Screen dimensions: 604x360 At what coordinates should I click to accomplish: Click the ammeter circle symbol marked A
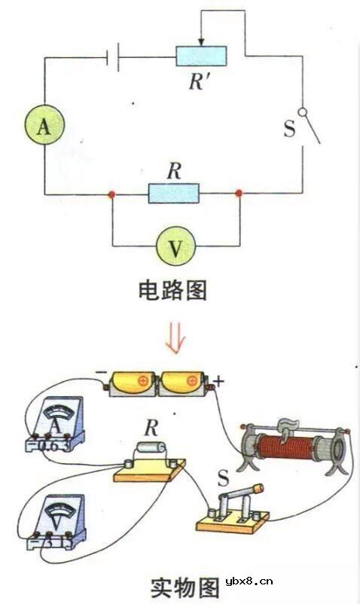click(x=43, y=128)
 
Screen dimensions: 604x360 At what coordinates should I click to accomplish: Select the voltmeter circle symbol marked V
click(x=175, y=246)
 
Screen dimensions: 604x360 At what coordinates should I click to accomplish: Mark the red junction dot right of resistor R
click(x=239, y=194)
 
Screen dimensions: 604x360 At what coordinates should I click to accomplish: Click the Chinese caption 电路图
click(x=172, y=291)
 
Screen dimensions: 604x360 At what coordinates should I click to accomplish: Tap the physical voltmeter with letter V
click(x=56, y=517)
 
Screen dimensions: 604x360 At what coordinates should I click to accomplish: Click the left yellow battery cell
click(x=133, y=383)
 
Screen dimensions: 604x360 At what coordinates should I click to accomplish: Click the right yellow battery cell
click(x=183, y=383)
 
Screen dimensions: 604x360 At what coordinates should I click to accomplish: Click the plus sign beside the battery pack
click(x=219, y=380)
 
